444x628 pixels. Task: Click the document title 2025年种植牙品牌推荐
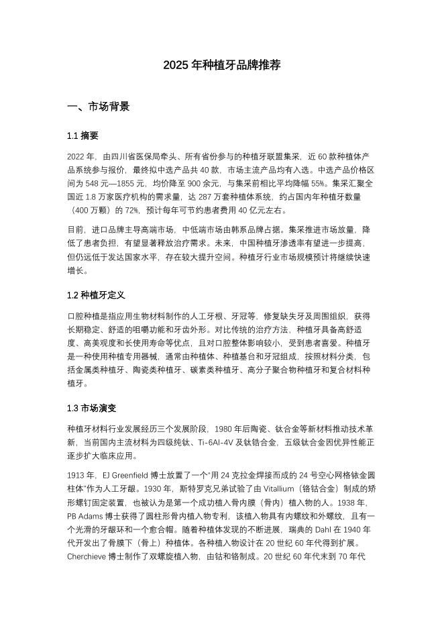[x=221, y=65]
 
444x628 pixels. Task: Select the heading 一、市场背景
[x=99, y=107]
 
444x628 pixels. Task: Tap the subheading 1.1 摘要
[x=82, y=136]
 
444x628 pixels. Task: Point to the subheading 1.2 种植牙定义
[x=96, y=295]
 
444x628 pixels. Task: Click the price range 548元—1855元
[x=107, y=182]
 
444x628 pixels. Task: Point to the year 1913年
[x=81, y=474]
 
